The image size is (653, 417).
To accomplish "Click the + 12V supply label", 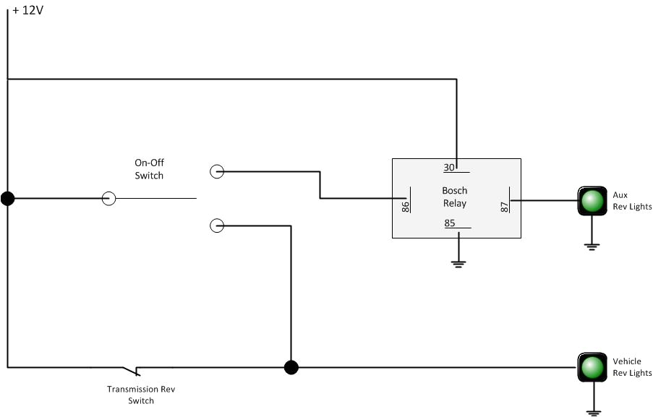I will point(28,12).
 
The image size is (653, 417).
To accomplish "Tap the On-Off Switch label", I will point(149,169).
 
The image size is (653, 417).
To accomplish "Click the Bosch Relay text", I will point(455,197).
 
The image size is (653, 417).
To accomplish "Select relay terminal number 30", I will point(449,168).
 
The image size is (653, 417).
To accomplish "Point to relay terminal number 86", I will point(406,206).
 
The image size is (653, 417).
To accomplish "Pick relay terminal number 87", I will point(505,206).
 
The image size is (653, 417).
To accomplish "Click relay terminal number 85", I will point(450,223).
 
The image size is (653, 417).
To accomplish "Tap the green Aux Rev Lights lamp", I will point(592,200).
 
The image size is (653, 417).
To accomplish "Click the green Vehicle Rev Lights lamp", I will point(592,367).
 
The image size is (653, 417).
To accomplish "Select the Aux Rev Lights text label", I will point(632,201).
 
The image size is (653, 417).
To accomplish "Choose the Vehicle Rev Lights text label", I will point(632,367).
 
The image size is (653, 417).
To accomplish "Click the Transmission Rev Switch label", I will point(141,395).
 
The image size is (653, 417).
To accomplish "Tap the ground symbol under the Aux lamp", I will point(592,246).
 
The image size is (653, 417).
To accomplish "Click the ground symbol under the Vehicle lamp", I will point(592,412).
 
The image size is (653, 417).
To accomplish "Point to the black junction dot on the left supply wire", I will point(7,198).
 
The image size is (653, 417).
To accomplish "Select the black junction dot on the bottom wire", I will point(291,367).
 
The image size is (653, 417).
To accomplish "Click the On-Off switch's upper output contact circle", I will point(216,171).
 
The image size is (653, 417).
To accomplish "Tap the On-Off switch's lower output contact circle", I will point(216,225).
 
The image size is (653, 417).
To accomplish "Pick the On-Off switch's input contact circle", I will point(108,198).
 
